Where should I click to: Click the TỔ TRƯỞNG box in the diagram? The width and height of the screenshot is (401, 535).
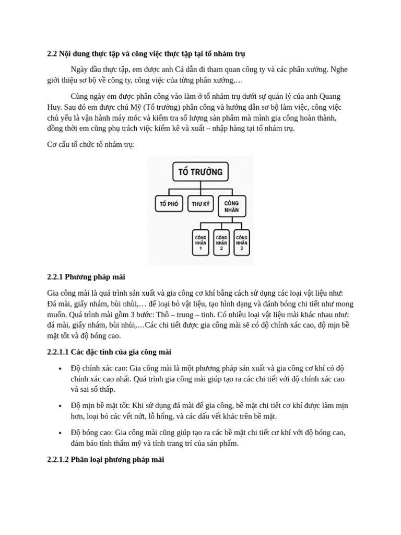[x=200, y=172]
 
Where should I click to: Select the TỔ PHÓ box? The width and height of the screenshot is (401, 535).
[x=169, y=203]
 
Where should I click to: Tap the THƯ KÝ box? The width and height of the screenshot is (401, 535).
[x=200, y=203]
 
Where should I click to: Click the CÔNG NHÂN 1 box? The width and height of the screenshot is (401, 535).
[x=200, y=242]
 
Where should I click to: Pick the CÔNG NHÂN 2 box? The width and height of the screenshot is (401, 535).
[x=221, y=242]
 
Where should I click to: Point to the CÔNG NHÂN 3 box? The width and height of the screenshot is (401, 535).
[x=241, y=242]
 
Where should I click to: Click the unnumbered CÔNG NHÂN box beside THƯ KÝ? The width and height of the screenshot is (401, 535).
[x=232, y=206]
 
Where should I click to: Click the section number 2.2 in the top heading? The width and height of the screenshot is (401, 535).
[x=52, y=53]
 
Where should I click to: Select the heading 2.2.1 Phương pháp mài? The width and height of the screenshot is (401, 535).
[x=86, y=277]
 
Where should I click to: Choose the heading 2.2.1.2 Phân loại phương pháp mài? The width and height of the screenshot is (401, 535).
[x=105, y=460]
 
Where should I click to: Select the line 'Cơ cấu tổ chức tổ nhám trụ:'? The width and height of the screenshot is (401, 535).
[x=91, y=144]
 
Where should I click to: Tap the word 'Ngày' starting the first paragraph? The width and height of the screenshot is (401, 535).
[x=80, y=69]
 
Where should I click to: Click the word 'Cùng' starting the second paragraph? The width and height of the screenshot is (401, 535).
[x=80, y=96]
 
